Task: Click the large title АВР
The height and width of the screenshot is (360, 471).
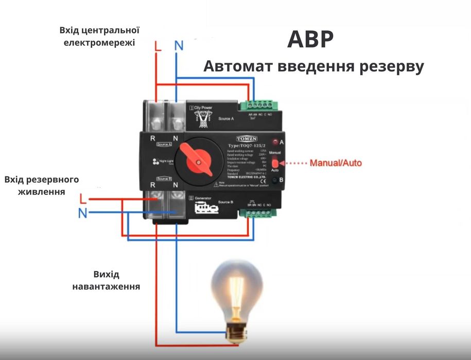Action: [x=310, y=40]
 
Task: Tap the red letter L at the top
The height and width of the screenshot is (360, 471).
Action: [x=158, y=45]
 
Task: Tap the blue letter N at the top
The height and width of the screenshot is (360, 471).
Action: [x=178, y=45]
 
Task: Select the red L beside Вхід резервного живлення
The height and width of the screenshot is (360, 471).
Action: [x=83, y=198]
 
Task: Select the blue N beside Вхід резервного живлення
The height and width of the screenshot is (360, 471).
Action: [x=82, y=213]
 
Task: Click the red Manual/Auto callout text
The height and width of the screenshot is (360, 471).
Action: [x=335, y=164]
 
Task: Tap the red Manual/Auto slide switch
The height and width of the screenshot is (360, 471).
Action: [x=275, y=164]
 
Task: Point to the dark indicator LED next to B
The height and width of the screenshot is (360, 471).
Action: [x=275, y=180]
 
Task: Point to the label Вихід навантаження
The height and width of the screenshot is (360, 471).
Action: [x=107, y=280]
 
